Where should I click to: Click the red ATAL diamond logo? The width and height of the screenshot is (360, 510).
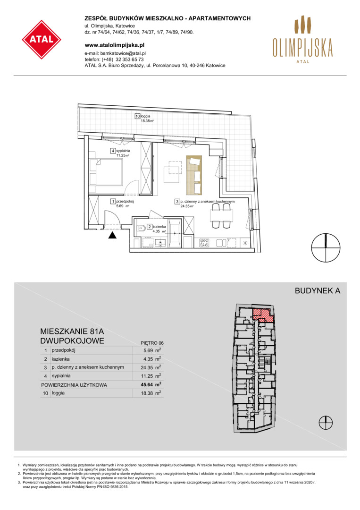42,40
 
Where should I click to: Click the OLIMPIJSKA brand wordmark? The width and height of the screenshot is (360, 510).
302,48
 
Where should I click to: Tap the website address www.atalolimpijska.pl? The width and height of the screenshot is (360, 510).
114,45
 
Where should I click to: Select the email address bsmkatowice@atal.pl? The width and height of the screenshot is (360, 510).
123,53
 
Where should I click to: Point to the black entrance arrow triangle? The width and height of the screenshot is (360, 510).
112,235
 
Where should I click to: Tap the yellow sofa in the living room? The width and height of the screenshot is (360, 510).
193,174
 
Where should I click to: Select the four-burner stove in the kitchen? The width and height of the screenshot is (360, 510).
204,243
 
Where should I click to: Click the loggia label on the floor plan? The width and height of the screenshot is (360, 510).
146,116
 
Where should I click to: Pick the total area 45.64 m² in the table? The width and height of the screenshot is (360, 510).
152,384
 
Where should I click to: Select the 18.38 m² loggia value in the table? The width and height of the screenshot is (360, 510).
152,393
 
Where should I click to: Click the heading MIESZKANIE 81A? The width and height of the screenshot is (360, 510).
72,331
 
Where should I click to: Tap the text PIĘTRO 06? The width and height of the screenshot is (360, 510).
152,343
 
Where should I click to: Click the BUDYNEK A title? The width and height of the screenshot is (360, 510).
318,291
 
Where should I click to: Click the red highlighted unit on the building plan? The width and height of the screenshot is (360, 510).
263,315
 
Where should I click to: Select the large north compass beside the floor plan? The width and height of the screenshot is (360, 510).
326,248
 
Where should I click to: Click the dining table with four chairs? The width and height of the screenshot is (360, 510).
222,215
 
